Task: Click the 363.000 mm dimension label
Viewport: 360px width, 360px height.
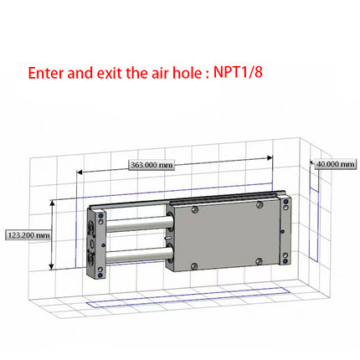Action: pos(152,166)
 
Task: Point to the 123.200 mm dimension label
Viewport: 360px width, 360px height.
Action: pos(28,235)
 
